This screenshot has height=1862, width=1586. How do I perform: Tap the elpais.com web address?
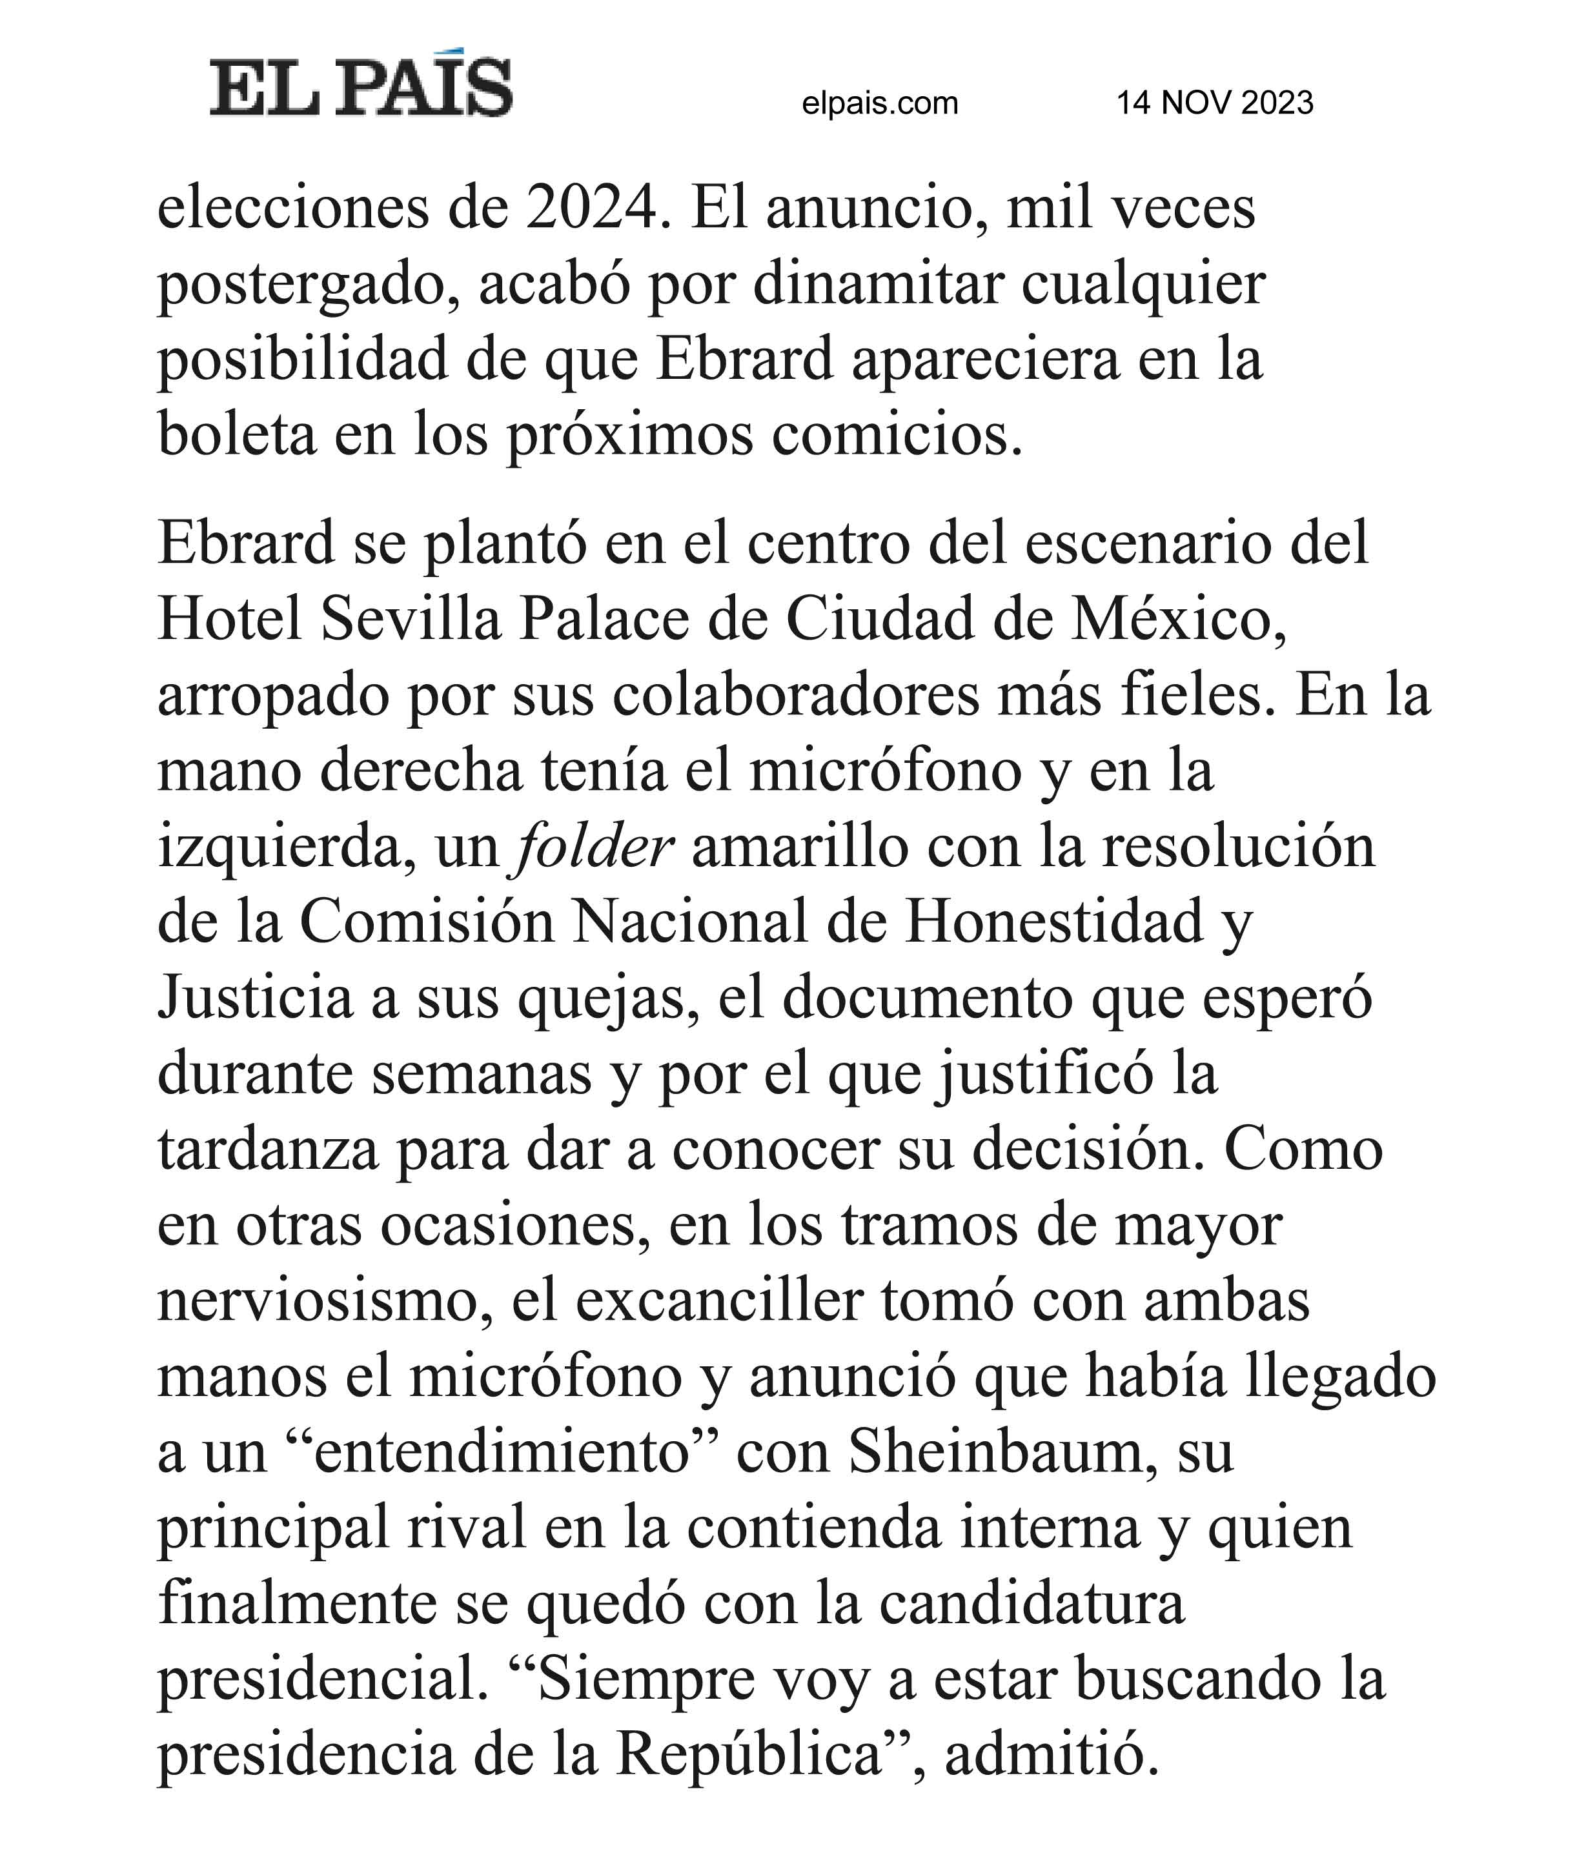pos(880,103)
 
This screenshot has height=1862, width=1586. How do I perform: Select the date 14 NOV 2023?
pos(1214,103)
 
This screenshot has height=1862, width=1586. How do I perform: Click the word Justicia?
pos(255,998)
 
